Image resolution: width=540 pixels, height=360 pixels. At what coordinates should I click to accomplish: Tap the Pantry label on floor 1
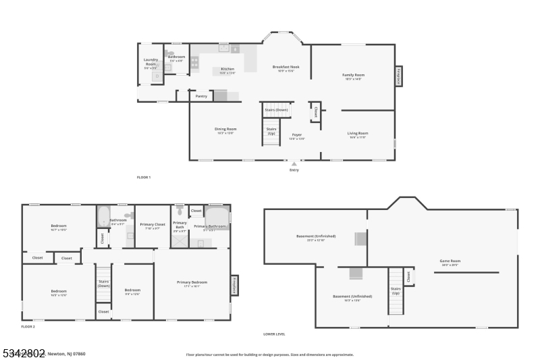click(201, 96)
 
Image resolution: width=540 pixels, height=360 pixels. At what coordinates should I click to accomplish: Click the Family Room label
click(353, 76)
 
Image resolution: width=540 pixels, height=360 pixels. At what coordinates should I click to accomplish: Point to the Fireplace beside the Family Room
click(398, 75)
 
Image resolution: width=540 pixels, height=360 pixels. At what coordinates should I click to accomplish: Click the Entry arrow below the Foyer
click(294, 163)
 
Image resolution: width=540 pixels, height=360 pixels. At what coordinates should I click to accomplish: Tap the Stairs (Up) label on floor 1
click(271, 130)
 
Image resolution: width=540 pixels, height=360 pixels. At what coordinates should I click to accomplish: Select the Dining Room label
click(225, 130)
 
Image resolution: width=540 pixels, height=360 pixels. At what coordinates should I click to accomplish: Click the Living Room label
click(357, 134)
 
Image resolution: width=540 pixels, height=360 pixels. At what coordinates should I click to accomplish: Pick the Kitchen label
click(227, 70)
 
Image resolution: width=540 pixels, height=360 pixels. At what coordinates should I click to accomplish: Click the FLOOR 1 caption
click(144, 177)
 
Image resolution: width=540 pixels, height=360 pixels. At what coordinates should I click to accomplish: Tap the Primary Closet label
click(153, 225)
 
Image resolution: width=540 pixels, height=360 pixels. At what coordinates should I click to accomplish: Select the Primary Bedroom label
click(192, 283)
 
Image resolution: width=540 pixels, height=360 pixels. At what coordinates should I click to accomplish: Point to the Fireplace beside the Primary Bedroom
click(234, 284)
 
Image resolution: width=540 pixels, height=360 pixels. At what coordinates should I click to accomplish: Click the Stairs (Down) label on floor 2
click(103, 283)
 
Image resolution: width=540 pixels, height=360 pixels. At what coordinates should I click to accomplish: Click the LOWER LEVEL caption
click(275, 334)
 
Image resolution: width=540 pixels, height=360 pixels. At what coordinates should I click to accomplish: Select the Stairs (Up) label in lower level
click(396, 291)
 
